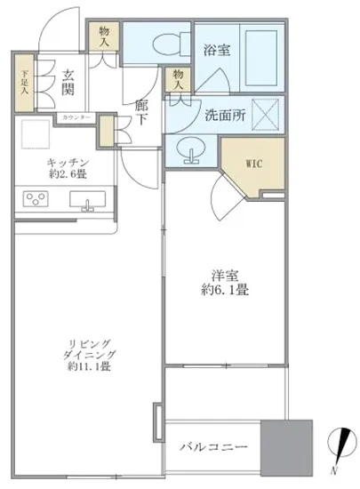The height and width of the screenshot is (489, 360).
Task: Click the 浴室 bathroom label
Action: pos(217,51)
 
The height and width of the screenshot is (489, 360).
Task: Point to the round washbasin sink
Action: pos(189,150)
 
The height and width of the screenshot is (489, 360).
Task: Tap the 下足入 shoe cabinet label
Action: pos(24,83)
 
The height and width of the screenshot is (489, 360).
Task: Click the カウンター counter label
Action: pos(76,117)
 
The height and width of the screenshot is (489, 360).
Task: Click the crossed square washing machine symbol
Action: pos(268,113)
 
